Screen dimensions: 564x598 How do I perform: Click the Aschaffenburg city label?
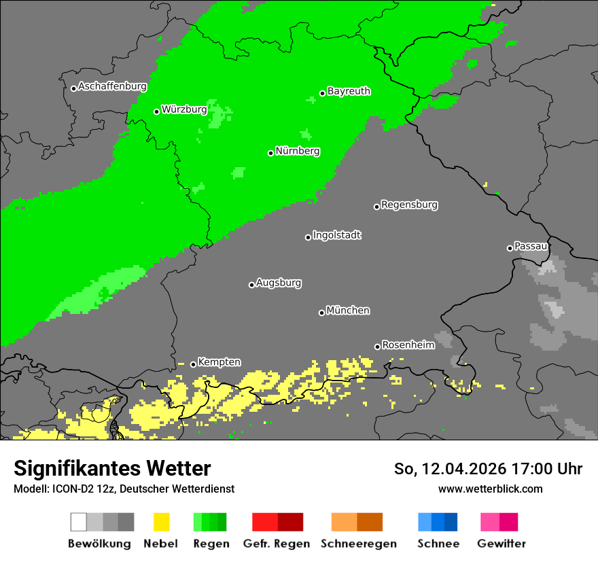coord(112,86)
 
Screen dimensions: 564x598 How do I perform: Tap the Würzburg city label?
coord(184,109)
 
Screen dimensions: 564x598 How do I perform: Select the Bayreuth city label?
coord(349,91)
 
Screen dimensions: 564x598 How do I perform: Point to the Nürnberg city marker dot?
coord(270,153)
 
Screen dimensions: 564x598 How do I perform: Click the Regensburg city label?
coord(409,205)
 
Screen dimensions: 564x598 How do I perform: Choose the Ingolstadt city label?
coord(336,235)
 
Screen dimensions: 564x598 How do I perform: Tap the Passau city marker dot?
coord(510,248)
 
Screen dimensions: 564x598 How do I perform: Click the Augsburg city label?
coord(279,283)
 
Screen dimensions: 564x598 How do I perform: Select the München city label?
coord(348,311)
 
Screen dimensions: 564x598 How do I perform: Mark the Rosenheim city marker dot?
coord(377,347)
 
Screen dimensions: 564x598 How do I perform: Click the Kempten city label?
coord(219,362)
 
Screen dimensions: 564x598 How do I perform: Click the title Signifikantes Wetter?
coord(112,469)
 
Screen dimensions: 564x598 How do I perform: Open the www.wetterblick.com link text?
coord(490,489)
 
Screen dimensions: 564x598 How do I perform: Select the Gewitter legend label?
coord(501,544)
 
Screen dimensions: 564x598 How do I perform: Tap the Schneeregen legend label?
coord(358,544)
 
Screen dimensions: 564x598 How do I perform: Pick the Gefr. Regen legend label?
coord(277,544)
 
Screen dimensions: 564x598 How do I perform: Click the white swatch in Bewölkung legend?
coord(79,522)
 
